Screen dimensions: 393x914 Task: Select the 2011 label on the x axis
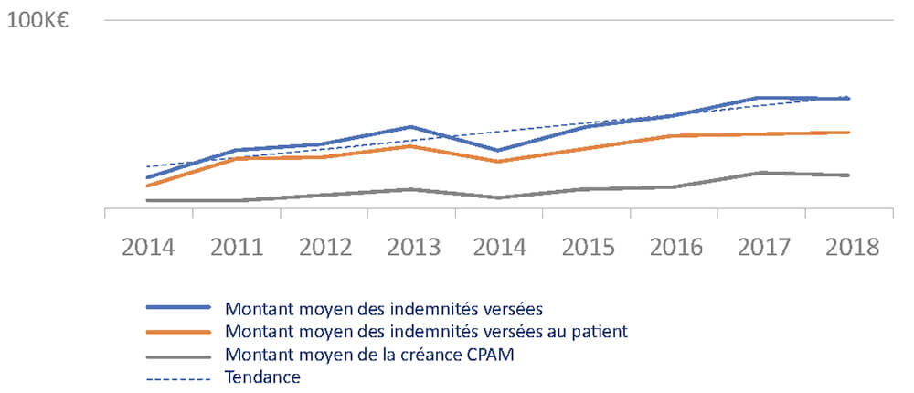click(x=237, y=248)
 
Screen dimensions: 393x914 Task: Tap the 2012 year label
click(x=324, y=248)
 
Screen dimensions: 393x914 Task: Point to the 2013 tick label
click(x=412, y=248)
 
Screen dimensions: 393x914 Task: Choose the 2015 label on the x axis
click(x=588, y=248)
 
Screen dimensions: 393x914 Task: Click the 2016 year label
click(x=675, y=248)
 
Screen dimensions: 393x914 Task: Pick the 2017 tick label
click(x=762, y=248)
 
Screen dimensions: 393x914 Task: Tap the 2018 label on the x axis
click(x=850, y=248)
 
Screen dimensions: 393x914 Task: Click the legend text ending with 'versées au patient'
click(x=426, y=331)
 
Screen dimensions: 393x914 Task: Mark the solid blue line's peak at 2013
click(x=412, y=126)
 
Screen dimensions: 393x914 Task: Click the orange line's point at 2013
click(x=412, y=145)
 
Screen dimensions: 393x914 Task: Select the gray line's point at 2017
click(x=762, y=172)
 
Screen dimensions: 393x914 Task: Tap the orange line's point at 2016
click(x=675, y=135)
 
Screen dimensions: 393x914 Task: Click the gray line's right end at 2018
click(x=850, y=175)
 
